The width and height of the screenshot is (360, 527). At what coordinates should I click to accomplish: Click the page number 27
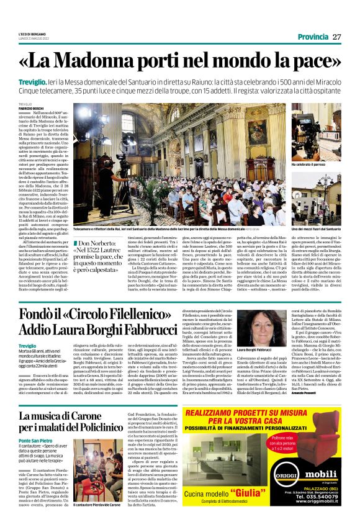pos(337,37)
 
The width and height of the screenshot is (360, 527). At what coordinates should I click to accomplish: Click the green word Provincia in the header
pos(313,37)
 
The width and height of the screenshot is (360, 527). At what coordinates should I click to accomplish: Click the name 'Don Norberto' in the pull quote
pos(101,243)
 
